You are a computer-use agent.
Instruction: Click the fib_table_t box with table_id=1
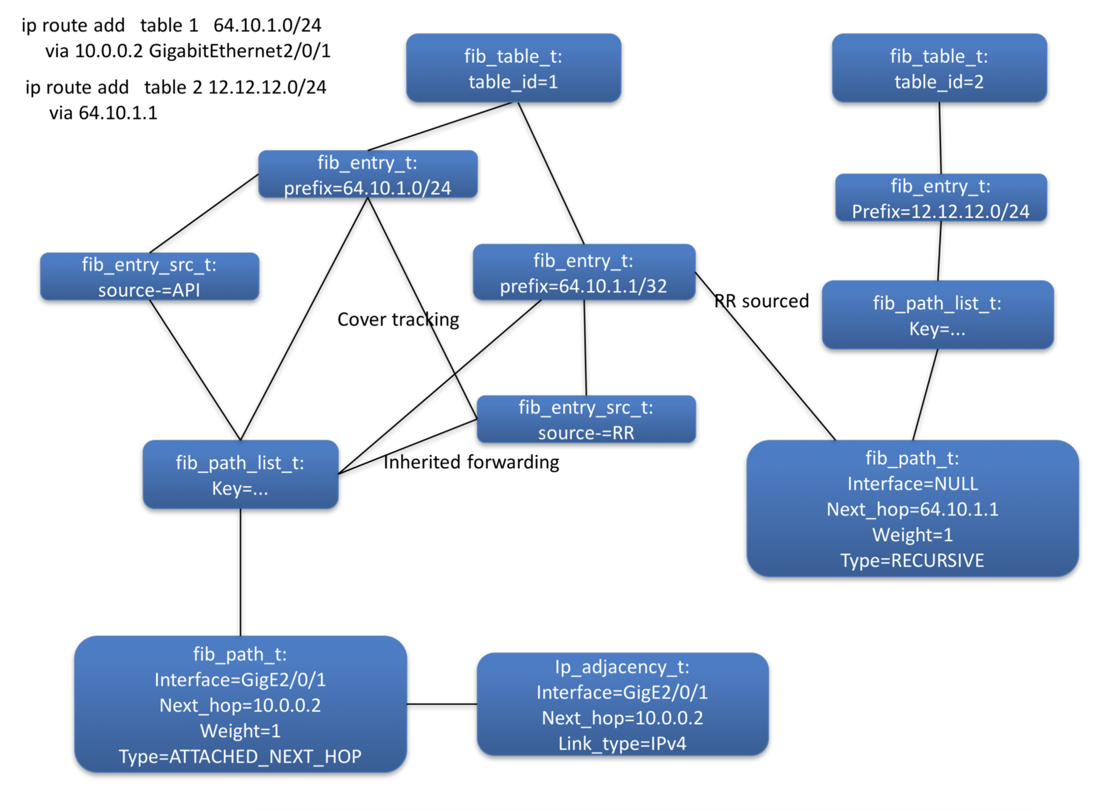(x=513, y=68)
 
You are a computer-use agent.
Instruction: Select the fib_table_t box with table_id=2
(x=939, y=68)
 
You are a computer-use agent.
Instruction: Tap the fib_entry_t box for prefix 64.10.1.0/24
(x=368, y=175)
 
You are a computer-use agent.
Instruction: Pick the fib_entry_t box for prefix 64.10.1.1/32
(x=584, y=272)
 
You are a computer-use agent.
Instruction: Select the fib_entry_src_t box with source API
(x=150, y=276)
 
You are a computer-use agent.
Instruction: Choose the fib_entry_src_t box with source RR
(x=586, y=419)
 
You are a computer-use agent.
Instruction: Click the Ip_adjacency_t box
(x=622, y=704)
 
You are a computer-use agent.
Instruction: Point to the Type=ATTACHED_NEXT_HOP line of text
(x=240, y=757)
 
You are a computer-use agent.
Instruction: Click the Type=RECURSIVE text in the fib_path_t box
(x=912, y=560)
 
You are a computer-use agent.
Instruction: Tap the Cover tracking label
(x=398, y=319)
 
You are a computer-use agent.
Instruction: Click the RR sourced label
(x=762, y=301)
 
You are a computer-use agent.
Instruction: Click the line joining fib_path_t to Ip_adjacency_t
(x=442, y=704)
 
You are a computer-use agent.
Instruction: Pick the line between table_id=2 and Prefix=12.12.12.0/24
(x=940, y=138)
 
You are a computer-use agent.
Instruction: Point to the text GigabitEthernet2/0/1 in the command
(x=240, y=51)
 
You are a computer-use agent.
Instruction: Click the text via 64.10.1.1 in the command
(x=103, y=113)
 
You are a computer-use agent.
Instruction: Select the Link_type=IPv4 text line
(x=622, y=743)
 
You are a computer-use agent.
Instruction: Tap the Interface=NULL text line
(x=913, y=483)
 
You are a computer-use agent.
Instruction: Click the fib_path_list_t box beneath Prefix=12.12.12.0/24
(x=937, y=315)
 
